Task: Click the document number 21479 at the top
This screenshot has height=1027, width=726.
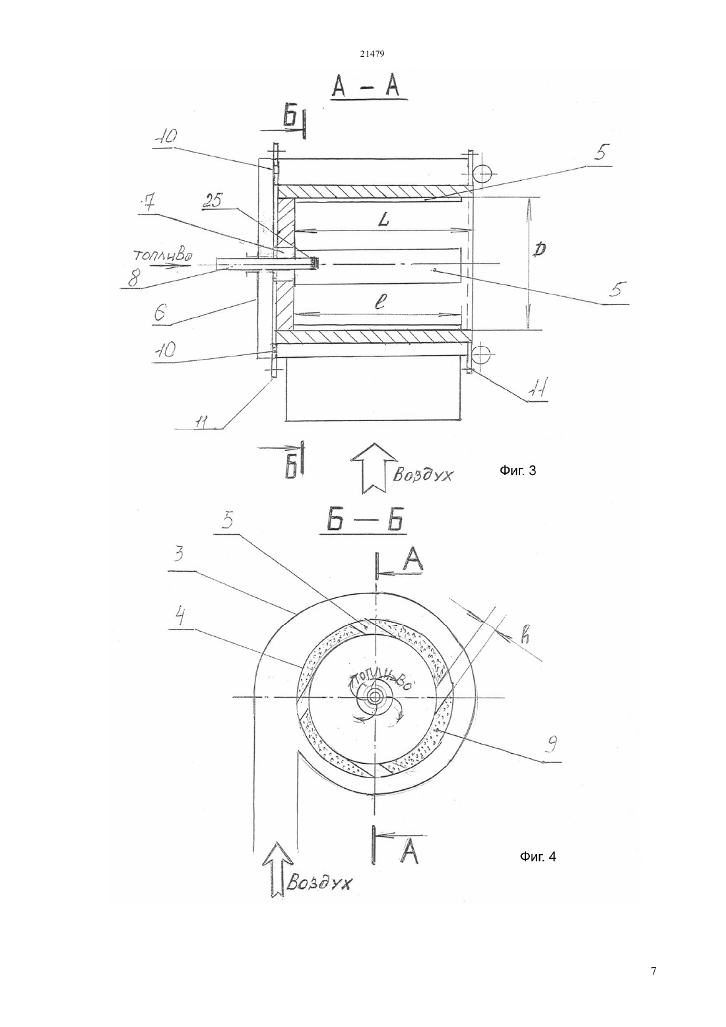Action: [372, 53]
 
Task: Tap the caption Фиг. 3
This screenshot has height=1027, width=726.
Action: [517, 471]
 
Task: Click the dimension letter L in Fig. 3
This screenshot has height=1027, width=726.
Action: [384, 220]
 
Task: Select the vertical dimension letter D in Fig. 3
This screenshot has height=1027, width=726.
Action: [541, 249]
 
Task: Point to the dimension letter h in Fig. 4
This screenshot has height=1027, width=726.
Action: [525, 636]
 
